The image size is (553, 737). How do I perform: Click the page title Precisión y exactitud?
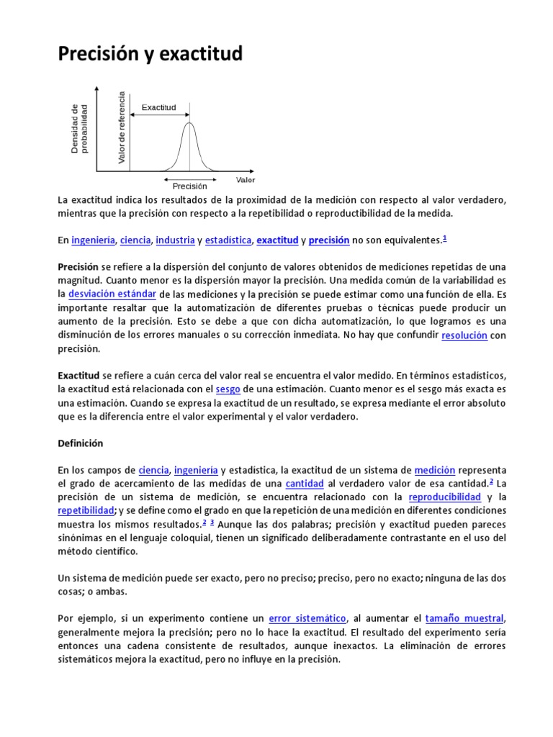150,54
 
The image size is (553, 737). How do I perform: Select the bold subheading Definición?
81,443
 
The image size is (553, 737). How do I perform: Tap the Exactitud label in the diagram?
158,107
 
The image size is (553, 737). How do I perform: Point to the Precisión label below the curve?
189,186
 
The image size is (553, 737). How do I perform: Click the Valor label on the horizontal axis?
245,179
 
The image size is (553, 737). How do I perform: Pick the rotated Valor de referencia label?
122,127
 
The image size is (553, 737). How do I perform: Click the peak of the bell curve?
189,123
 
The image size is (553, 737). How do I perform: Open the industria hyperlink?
175,240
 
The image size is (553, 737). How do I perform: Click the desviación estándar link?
112,294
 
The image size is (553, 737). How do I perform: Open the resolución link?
464,335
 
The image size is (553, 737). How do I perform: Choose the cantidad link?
305,484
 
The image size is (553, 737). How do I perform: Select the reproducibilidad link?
444,497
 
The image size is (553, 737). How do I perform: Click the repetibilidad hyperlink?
86,510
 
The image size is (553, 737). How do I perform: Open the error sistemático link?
307,618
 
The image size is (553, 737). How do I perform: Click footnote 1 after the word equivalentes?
445,238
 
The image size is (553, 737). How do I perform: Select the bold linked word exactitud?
277,240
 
